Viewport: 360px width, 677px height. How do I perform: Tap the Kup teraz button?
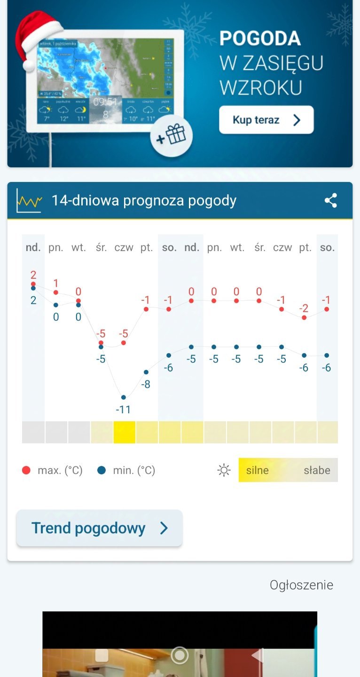(x=266, y=120)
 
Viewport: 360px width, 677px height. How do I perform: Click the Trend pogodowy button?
(x=99, y=528)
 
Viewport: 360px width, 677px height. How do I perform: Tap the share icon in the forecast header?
(x=331, y=201)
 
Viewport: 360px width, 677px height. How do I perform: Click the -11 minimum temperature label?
(x=123, y=409)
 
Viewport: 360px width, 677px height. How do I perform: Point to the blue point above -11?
(x=124, y=397)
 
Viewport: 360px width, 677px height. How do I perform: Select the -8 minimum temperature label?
(x=146, y=384)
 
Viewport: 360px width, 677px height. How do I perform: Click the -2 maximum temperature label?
(x=304, y=308)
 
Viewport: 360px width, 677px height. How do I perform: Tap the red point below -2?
(x=304, y=318)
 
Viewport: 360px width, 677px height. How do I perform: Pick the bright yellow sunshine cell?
(x=125, y=432)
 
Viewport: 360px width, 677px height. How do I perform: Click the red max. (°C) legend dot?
(x=26, y=470)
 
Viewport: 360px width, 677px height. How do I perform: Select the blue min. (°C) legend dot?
(x=102, y=470)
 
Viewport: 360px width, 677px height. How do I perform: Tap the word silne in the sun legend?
(x=257, y=470)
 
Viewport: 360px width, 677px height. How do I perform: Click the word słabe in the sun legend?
(x=317, y=470)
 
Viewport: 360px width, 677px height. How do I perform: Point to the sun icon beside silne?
(x=224, y=470)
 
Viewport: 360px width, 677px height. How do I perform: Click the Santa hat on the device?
(x=38, y=38)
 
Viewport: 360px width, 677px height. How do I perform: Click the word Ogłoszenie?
(x=301, y=585)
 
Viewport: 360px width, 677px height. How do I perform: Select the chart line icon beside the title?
(x=29, y=201)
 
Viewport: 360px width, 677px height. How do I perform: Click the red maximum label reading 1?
(x=56, y=283)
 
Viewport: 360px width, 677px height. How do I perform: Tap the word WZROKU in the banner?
(x=260, y=88)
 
